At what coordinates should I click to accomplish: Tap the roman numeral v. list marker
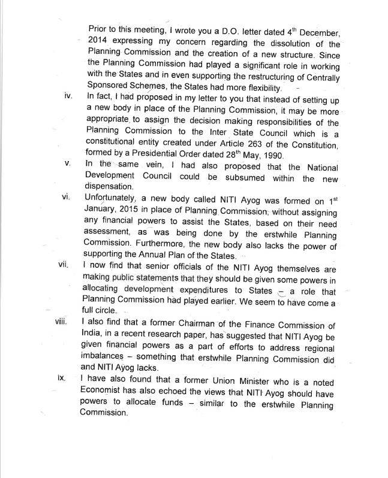pyautogui.click(x=68, y=165)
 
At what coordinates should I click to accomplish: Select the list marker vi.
pyautogui.click(x=67, y=198)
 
